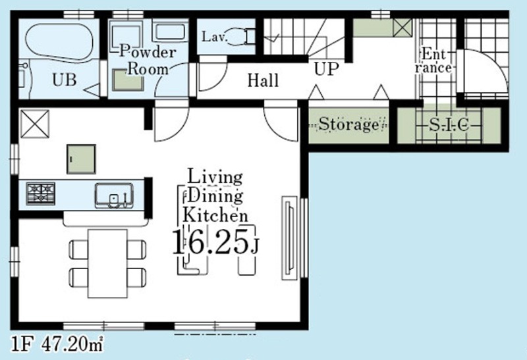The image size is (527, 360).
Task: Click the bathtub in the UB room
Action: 59,41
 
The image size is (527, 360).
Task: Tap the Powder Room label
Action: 148,61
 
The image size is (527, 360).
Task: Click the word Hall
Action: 263,80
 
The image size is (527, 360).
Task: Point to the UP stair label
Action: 326,69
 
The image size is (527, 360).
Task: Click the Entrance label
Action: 433,61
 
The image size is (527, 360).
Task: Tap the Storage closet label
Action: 348,124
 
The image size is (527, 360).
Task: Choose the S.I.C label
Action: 449,125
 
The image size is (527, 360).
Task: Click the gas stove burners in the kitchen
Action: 41,193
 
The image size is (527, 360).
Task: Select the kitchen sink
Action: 114,195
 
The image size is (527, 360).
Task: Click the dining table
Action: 107,264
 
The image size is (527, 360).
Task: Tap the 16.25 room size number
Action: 210,242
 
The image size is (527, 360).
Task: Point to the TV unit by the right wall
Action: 289,238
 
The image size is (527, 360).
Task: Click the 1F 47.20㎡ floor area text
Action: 57,344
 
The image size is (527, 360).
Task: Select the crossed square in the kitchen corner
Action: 35,124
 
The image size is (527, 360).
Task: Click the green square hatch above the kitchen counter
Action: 81,159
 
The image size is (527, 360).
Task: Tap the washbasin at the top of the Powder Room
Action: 171,32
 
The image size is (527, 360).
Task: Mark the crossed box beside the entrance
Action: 402,27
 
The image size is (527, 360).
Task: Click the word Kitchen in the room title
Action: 215,215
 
